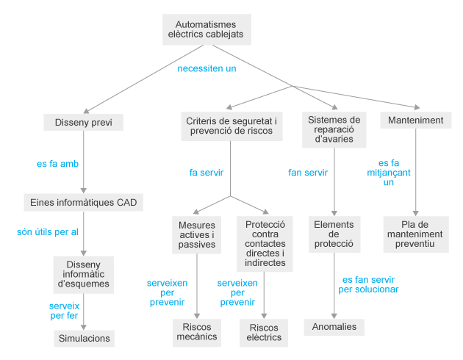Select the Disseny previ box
tap(83, 122)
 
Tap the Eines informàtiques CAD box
tap(83, 202)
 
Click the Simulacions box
tap(83, 338)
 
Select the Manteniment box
tap(416, 120)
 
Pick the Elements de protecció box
tap(334, 234)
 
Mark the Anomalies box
tap(334, 326)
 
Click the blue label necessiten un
tap(207, 68)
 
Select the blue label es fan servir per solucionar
tap(369, 284)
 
